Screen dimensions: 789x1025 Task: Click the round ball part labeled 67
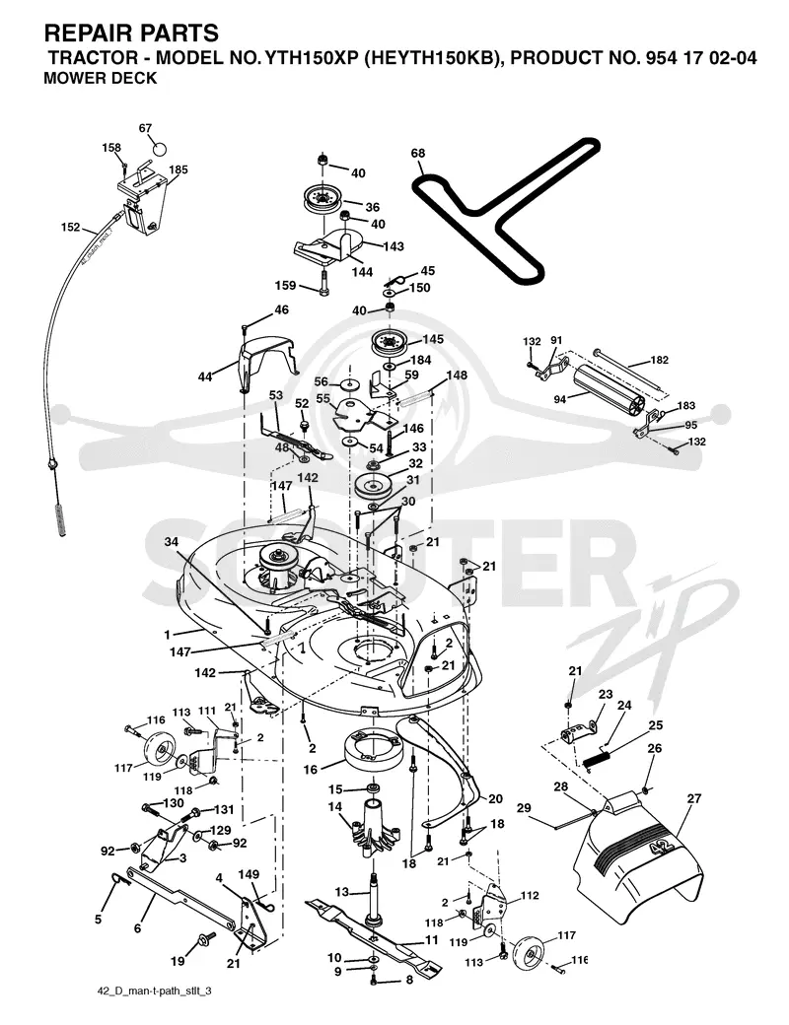coord(161,147)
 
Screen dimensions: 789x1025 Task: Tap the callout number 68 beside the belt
coord(417,153)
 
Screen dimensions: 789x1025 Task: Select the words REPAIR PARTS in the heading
coord(131,32)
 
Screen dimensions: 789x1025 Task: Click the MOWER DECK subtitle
coord(100,78)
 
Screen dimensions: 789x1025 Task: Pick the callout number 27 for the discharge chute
coord(693,798)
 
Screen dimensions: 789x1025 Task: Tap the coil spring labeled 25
coord(598,760)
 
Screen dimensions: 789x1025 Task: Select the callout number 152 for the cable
coord(71,227)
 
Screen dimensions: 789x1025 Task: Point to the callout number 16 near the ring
coord(310,769)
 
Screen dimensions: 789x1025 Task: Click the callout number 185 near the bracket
coord(178,170)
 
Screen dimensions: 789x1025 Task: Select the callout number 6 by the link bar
coord(137,927)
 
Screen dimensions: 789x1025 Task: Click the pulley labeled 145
coord(390,343)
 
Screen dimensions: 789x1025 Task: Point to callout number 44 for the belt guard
coord(205,377)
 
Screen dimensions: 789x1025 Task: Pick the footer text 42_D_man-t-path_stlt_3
coord(154,991)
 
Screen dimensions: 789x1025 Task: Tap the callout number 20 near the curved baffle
coord(495,799)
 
